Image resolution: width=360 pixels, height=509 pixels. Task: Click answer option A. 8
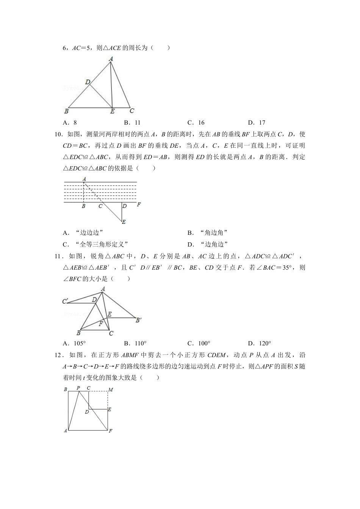click(70, 122)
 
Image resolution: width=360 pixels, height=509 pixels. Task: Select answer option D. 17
click(257, 122)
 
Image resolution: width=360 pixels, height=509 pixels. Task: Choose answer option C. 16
click(196, 122)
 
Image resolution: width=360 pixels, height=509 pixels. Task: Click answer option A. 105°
click(74, 343)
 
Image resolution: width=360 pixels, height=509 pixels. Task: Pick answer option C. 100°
click(199, 343)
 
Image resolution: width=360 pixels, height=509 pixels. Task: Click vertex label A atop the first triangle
click(111, 59)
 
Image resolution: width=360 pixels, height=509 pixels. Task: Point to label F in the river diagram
click(139, 205)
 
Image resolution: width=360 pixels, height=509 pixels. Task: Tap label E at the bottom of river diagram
click(124, 222)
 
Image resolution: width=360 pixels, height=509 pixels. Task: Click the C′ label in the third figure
click(65, 301)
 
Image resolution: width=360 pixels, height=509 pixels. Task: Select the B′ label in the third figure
click(138, 320)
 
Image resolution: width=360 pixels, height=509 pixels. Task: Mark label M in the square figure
click(111, 389)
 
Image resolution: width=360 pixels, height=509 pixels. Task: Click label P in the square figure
click(78, 388)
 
